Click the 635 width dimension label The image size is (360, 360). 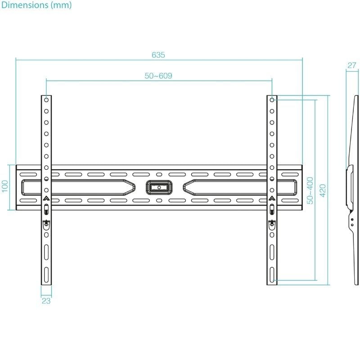coord(158,55)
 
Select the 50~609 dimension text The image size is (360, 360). coord(158,76)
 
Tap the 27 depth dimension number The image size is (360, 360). coord(351,66)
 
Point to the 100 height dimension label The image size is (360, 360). coord(5,187)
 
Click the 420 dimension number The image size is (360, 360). coord(322,190)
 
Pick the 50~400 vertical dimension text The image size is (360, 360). coord(310,190)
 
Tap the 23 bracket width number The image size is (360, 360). coord(46,301)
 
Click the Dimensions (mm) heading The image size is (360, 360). coord(36,5)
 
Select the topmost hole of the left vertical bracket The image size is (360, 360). coord(46,99)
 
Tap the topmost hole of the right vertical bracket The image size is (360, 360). coord(272,99)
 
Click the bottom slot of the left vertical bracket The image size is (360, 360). coord(46,273)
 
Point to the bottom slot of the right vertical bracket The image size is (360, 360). coord(272,273)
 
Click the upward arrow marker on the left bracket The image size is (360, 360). coord(46,198)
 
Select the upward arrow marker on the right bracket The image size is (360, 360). coord(272,198)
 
